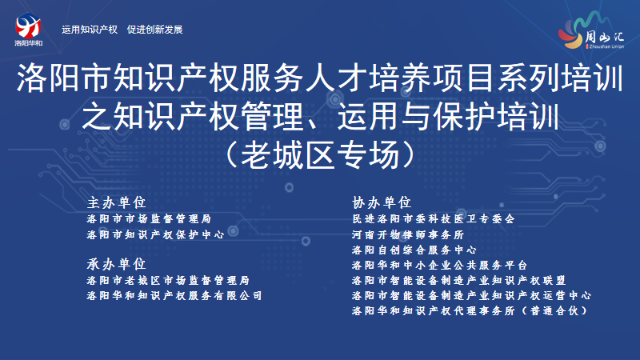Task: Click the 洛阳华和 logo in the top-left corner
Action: coord(28,30)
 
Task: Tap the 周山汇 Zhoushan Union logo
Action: coord(591,31)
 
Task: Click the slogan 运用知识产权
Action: coord(90,30)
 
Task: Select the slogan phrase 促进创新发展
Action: coord(154,30)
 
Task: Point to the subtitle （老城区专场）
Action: coord(320,154)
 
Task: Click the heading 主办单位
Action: coord(116,202)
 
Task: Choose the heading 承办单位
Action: coord(116,264)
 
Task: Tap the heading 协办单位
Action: coord(382,202)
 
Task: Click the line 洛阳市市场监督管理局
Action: coord(149,218)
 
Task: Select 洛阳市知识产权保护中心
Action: coord(155,234)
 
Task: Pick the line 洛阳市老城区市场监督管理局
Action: coord(168,281)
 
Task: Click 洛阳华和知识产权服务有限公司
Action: coord(174,295)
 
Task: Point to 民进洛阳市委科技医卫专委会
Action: coord(434,218)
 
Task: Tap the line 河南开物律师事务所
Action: coord(408,234)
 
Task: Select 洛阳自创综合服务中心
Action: coord(414,250)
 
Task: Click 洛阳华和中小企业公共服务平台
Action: coord(439,266)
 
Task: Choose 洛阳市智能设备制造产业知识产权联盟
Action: coord(458,281)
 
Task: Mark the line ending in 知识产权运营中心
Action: coord(471,295)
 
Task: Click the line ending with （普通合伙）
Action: coord(470,310)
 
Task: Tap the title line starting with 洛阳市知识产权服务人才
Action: coord(320,78)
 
